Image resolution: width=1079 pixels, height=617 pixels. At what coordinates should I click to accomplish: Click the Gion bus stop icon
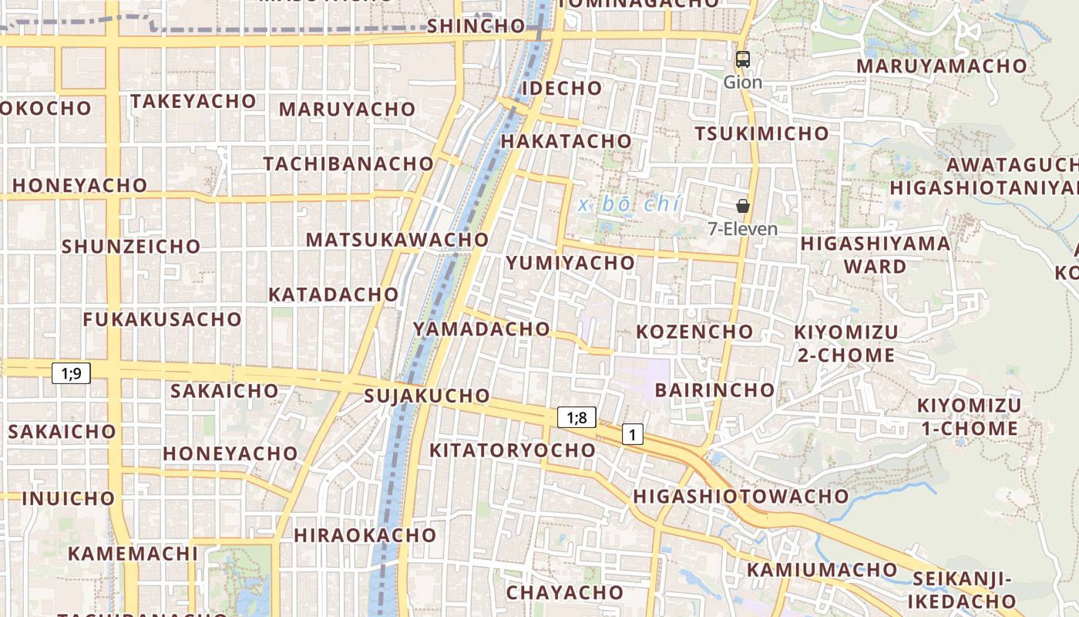tap(743, 59)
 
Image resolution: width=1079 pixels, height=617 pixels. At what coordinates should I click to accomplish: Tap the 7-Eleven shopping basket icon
tap(743, 206)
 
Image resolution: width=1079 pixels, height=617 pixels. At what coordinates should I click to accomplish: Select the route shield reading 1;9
tap(72, 373)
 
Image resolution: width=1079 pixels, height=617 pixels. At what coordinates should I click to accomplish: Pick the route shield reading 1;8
tap(576, 418)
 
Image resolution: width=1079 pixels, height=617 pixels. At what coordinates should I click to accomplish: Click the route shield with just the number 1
tap(632, 434)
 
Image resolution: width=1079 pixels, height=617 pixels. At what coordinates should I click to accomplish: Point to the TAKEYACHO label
tap(193, 101)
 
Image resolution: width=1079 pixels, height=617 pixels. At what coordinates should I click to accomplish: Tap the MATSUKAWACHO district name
tap(397, 239)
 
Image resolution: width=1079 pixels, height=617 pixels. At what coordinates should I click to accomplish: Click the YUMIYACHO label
tap(570, 263)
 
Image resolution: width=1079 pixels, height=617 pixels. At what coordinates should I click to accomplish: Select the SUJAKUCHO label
tap(426, 396)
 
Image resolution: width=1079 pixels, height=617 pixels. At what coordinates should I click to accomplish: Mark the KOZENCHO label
tap(694, 332)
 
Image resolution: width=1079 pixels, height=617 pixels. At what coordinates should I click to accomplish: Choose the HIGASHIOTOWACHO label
tap(741, 496)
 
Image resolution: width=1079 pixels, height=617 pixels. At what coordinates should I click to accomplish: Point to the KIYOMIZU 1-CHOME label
tap(968, 416)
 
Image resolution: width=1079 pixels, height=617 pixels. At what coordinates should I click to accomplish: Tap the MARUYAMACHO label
tap(942, 66)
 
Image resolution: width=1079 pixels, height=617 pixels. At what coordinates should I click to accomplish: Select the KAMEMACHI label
tap(133, 553)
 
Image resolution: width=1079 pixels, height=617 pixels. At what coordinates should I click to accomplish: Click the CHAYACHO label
tap(564, 592)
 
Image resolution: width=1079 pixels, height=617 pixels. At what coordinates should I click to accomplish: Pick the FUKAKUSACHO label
tap(162, 319)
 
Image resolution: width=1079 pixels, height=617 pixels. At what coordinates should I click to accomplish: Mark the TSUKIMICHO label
tap(761, 133)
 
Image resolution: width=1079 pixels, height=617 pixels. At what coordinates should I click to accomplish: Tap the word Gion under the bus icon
tap(743, 82)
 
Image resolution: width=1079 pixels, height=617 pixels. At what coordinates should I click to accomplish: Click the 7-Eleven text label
tap(743, 229)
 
